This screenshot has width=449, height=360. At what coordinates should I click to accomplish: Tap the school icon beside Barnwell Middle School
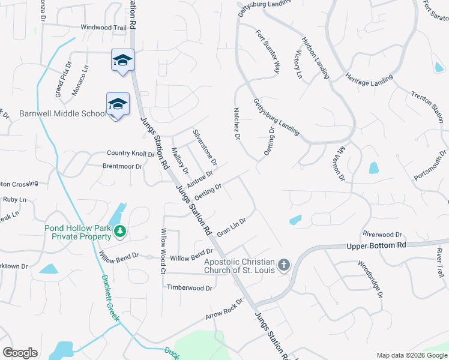pos(118,104)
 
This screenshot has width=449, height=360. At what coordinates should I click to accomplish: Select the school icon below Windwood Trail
pos(122,60)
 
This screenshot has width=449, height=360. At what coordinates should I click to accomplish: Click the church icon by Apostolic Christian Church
pos(284,265)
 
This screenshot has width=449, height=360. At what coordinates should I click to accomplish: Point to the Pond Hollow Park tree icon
pos(120,231)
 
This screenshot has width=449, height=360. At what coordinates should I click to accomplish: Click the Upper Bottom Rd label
pos(376,245)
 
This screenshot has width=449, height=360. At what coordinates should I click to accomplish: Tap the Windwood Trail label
pos(104,28)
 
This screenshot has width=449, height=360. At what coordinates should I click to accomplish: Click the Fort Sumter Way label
pos(268,52)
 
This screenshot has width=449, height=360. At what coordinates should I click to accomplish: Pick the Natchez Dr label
pos(237,124)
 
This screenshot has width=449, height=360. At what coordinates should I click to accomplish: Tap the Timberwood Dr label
pos(190,288)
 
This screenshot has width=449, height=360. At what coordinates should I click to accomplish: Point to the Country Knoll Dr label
pos(130,154)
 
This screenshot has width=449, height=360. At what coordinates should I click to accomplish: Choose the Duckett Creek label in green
pos(110,298)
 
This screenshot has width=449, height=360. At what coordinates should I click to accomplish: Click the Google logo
pos(20,353)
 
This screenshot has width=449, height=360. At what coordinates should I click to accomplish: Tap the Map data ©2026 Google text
pos(411,355)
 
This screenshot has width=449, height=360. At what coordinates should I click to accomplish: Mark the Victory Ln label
pos(297,64)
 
